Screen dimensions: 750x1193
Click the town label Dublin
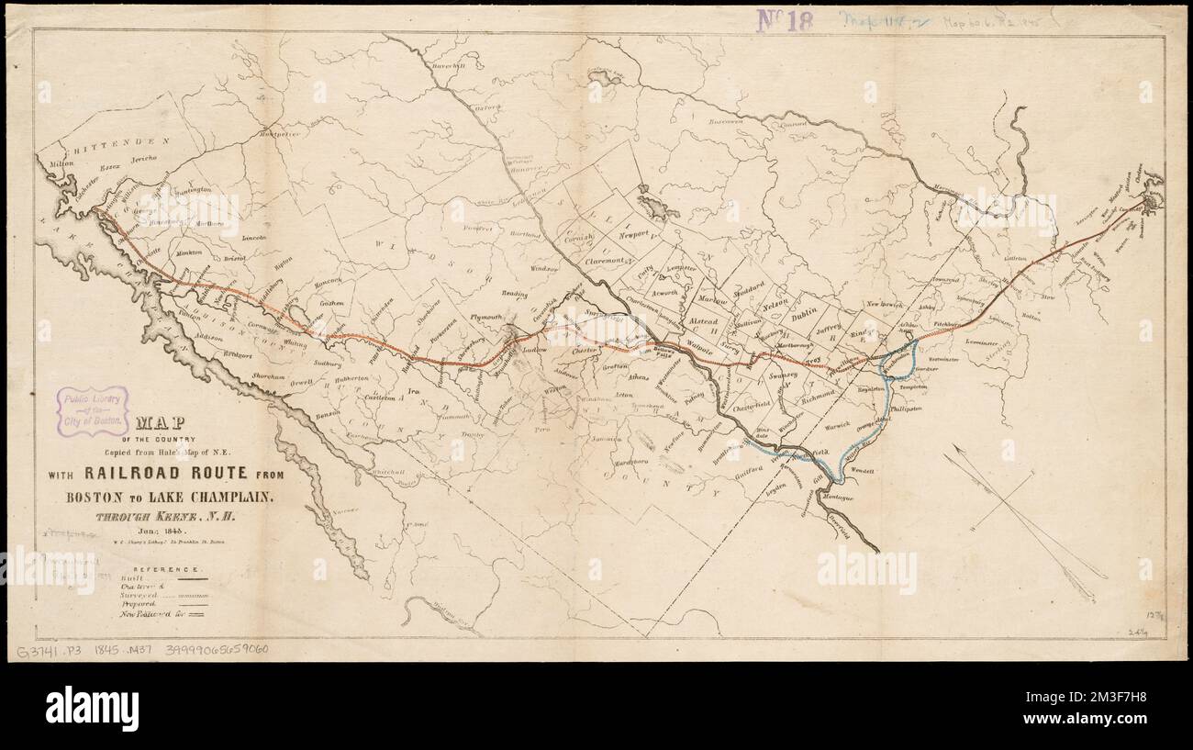tap(804, 313)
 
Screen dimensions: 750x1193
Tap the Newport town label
tap(633, 235)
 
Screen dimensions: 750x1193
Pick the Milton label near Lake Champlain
tap(61, 164)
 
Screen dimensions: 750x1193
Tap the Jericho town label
tap(144, 159)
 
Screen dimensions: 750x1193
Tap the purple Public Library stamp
tap(93, 411)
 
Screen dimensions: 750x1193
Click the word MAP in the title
tap(158, 423)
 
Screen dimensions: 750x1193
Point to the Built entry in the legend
tap(132, 580)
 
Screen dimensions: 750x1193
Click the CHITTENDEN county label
tap(111, 142)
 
